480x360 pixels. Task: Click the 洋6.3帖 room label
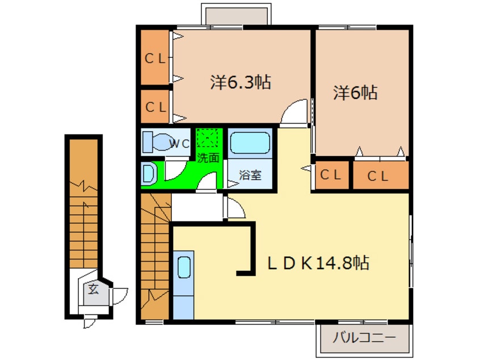(x=241, y=82)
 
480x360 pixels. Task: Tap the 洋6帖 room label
(x=355, y=92)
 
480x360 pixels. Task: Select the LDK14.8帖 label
(x=318, y=263)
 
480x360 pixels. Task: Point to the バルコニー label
(x=364, y=338)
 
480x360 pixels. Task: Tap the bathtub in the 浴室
(x=250, y=143)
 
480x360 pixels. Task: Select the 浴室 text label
(x=250, y=175)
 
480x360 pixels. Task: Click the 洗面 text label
(x=208, y=157)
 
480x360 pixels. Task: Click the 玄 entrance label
(x=93, y=289)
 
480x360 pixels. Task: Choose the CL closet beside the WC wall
(x=155, y=106)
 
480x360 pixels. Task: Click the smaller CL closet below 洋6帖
(x=332, y=175)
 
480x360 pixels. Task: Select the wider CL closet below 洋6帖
(x=381, y=175)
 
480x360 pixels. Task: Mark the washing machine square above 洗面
(x=208, y=138)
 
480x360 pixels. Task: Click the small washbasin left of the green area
(x=149, y=174)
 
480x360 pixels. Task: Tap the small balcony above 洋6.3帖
(x=236, y=16)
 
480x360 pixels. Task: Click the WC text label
(x=179, y=144)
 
